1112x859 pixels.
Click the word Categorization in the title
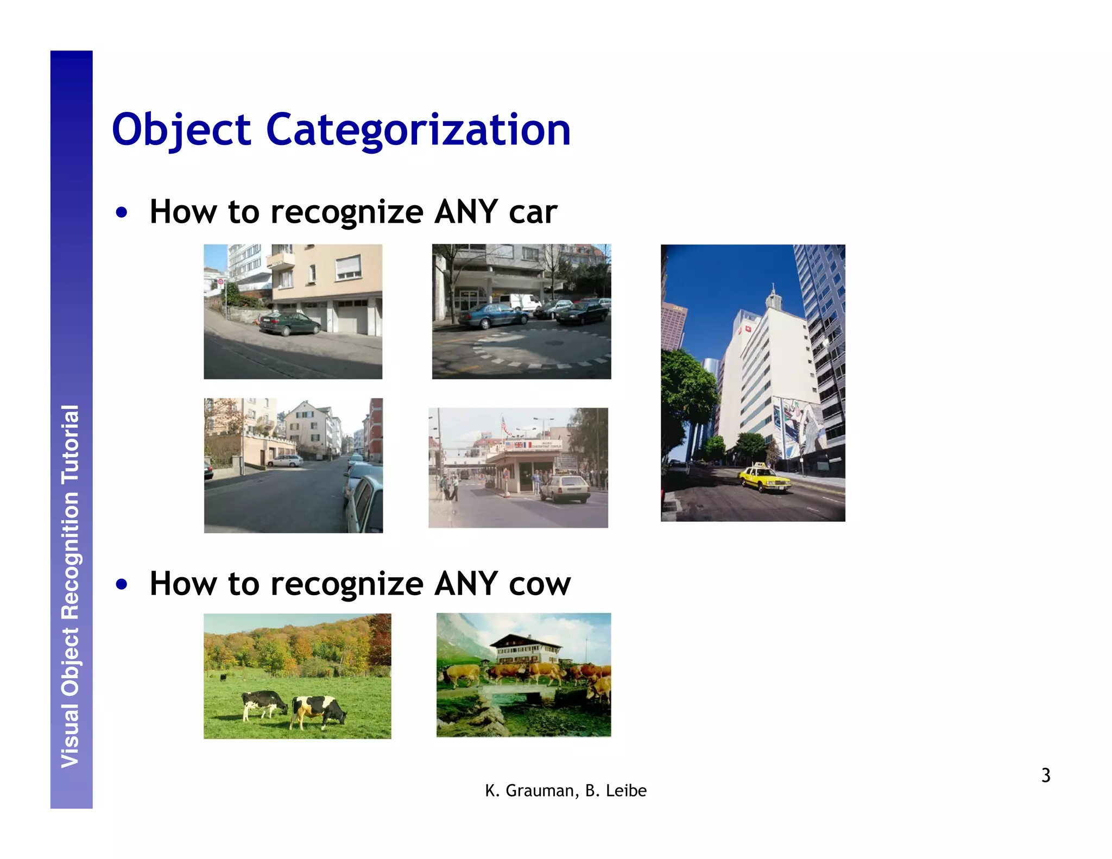click(418, 130)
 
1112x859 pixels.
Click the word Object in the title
click(181, 130)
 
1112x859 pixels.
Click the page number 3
click(1045, 775)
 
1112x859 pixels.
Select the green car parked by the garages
click(289, 324)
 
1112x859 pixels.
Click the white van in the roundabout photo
click(520, 302)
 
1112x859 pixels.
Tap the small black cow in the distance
click(223, 677)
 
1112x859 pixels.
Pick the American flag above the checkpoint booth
click(506, 426)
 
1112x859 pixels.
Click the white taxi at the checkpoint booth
click(565, 488)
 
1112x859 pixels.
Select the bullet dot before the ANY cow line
click(122, 585)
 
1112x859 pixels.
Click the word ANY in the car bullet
click(466, 212)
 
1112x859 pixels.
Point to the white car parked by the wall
click(285, 461)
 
